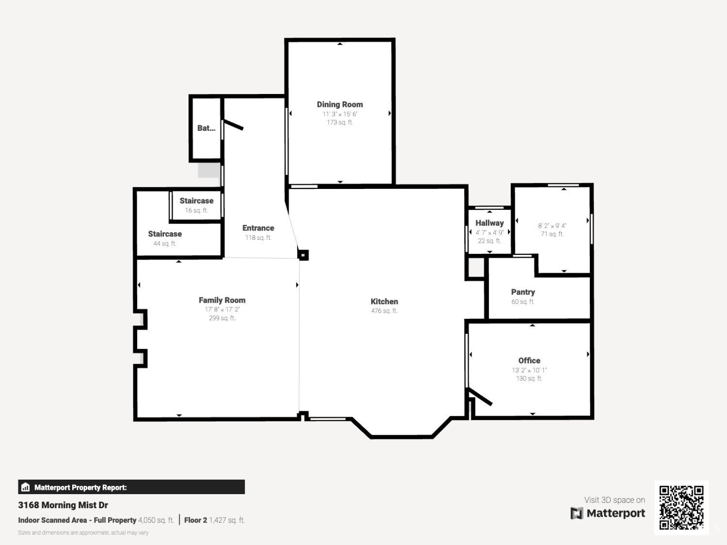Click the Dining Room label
(x=339, y=104)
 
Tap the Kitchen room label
(x=384, y=301)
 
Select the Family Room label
(x=222, y=300)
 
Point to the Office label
(x=529, y=360)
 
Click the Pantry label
(x=523, y=292)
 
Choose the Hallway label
(x=489, y=223)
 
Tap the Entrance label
(x=258, y=228)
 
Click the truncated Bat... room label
(x=206, y=128)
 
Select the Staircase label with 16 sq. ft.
(x=196, y=201)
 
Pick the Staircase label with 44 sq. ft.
(x=165, y=234)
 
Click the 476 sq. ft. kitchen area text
(x=384, y=311)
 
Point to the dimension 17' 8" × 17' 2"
(x=222, y=310)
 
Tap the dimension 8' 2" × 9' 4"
(x=552, y=226)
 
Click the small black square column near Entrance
(x=303, y=255)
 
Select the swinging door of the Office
(x=480, y=396)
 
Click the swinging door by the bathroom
(x=233, y=125)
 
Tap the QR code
(x=681, y=507)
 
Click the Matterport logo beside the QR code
(x=608, y=513)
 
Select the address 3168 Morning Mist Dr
(x=63, y=505)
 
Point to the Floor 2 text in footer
(x=195, y=520)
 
